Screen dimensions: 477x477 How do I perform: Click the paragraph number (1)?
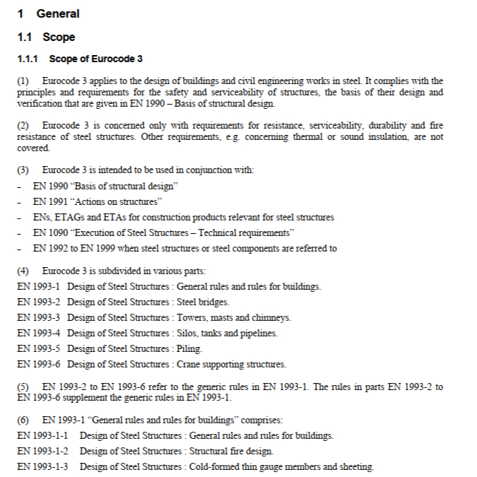[23, 81]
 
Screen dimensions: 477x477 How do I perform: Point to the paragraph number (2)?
[23, 126]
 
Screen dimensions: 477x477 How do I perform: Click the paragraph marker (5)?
[23, 387]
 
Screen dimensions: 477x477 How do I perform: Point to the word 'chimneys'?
[271, 317]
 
